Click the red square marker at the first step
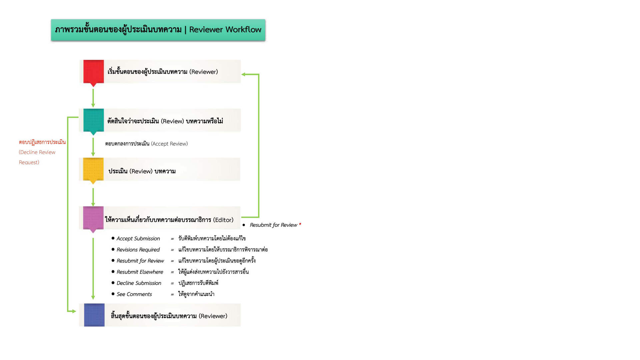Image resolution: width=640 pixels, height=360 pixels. click(x=93, y=71)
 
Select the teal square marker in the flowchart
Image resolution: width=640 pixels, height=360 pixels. click(x=93, y=120)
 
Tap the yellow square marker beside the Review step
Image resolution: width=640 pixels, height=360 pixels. click(x=93, y=169)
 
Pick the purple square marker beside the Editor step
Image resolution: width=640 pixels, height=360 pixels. click(x=93, y=218)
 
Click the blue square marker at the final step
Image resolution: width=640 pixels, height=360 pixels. click(x=94, y=315)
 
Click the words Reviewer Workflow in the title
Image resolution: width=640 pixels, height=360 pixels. click(x=225, y=30)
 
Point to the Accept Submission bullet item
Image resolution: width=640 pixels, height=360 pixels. click(x=138, y=239)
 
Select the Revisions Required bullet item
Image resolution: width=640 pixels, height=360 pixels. click(x=138, y=250)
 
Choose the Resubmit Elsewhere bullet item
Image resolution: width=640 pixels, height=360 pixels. click(x=140, y=272)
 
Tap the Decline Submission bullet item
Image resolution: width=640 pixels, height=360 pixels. click(x=139, y=283)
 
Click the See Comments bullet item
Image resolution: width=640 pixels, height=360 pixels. click(x=134, y=294)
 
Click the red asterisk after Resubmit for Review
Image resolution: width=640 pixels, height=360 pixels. click(x=300, y=224)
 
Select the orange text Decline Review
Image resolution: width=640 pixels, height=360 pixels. click(x=37, y=152)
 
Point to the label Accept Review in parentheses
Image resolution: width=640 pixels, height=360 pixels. click(x=169, y=144)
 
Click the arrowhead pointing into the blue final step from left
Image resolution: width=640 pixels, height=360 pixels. click(x=74, y=311)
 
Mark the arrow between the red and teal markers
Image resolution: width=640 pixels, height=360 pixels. click(x=93, y=98)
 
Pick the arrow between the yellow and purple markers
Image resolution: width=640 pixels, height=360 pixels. click(x=93, y=197)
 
